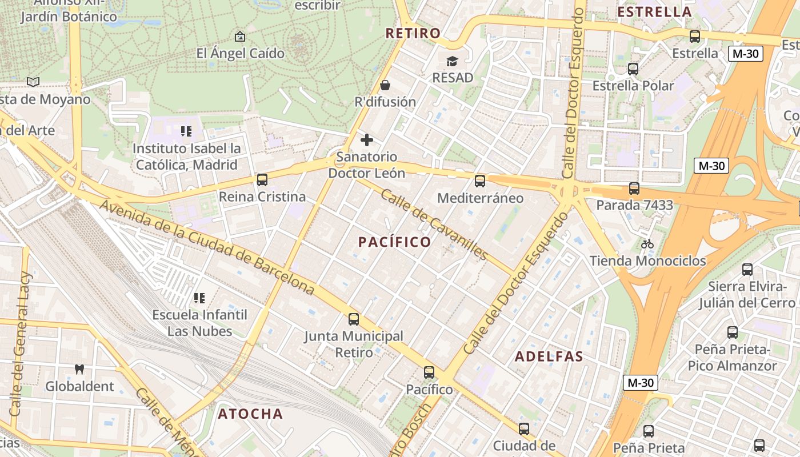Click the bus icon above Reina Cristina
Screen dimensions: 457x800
pyautogui.click(x=262, y=180)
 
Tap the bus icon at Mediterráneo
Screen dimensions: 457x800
pyautogui.click(x=480, y=181)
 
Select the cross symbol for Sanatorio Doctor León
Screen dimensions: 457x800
pyautogui.click(x=367, y=140)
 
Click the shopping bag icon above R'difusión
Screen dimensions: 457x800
pyautogui.click(x=386, y=86)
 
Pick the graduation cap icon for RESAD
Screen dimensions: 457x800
pyautogui.click(x=453, y=61)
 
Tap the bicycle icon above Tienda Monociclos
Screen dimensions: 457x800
pyautogui.click(x=647, y=244)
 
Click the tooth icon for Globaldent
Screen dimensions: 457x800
pyautogui.click(x=79, y=370)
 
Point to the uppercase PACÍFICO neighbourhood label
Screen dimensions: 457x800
pyautogui.click(x=395, y=242)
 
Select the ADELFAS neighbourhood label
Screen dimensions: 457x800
pyautogui.click(x=549, y=357)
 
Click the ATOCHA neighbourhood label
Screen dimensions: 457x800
pyautogui.click(x=250, y=414)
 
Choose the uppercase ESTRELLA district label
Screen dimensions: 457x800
pyautogui.click(x=655, y=12)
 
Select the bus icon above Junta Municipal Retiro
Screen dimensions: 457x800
pyautogui.click(x=354, y=319)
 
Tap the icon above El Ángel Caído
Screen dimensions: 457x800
pyautogui.click(x=240, y=37)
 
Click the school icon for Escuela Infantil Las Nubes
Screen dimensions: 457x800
pyautogui.click(x=199, y=298)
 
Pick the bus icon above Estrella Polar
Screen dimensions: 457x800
pyautogui.click(x=633, y=69)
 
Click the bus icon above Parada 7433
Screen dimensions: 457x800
pyautogui.click(x=634, y=189)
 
